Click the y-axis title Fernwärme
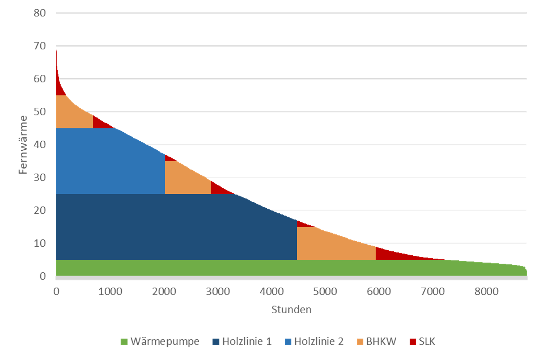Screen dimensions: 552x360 [x=23, y=145]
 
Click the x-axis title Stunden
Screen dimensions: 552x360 [x=291, y=310]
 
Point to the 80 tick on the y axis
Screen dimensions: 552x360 [x=40, y=13]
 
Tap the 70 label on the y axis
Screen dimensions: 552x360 [x=40, y=46]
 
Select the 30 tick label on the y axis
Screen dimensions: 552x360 [x=40, y=177]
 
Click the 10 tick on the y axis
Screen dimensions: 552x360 [x=40, y=243]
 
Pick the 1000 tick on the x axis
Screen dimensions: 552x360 [x=110, y=291]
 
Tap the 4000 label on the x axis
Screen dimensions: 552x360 [x=271, y=291]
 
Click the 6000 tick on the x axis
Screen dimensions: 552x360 [x=379, y=291]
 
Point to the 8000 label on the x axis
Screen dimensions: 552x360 [x=486, y=291]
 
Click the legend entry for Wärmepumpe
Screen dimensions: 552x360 [x=160, y=341]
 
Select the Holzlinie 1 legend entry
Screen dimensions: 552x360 [x=242, y=341]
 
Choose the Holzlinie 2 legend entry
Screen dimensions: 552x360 [x=314, y=341]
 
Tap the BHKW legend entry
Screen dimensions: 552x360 [x=376, y=341]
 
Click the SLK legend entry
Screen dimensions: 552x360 [x=422, y=341]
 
